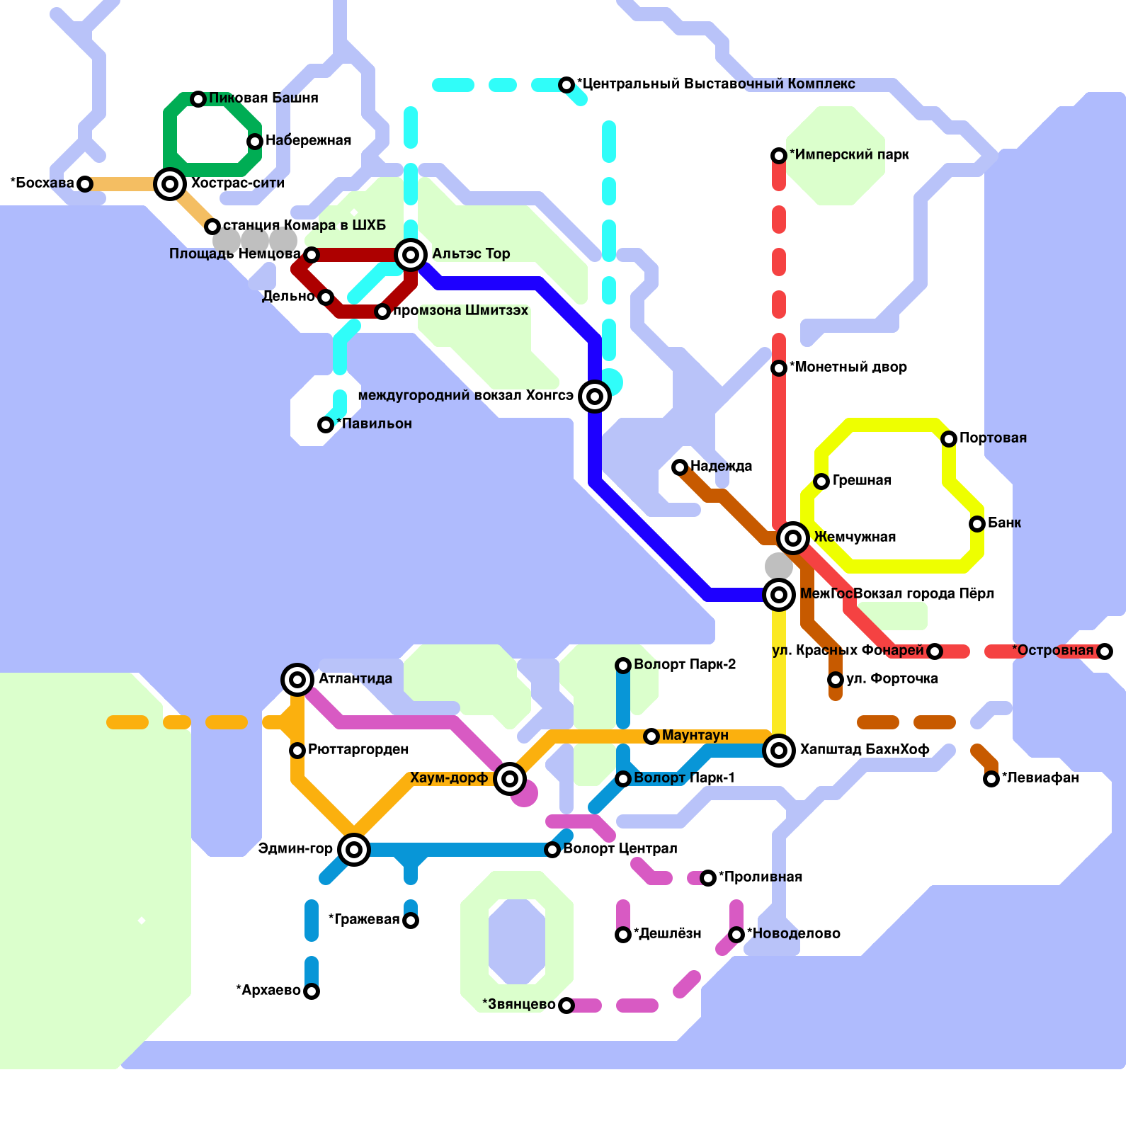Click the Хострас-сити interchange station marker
click(x=170, y=184)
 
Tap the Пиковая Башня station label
click(x=263, y=98)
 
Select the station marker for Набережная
click(x=255, y=142)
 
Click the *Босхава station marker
click(x=85, y=184)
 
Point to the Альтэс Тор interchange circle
click(x=411, y=255)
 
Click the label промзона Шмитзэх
click(x=460, y=310)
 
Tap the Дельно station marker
click(x=326, y=297)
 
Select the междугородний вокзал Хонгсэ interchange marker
click(x=595, y=397)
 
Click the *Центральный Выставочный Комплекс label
click(x=716, y=84)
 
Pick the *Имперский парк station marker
click(x=779, y=156)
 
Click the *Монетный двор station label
click(x=848, y=367)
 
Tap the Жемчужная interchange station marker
click(x=793, y=538)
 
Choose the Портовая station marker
click(x=949, y=439)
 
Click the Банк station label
click(x=1004, y=523)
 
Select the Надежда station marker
click(x=680, y=467)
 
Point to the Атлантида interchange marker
click(x=297, y=680)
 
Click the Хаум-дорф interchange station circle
click(x=510, y=779)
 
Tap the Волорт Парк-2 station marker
click(x=623, y=666)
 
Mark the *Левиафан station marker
click(x=991, y=779)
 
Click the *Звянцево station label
click(x=519, y=1004)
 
